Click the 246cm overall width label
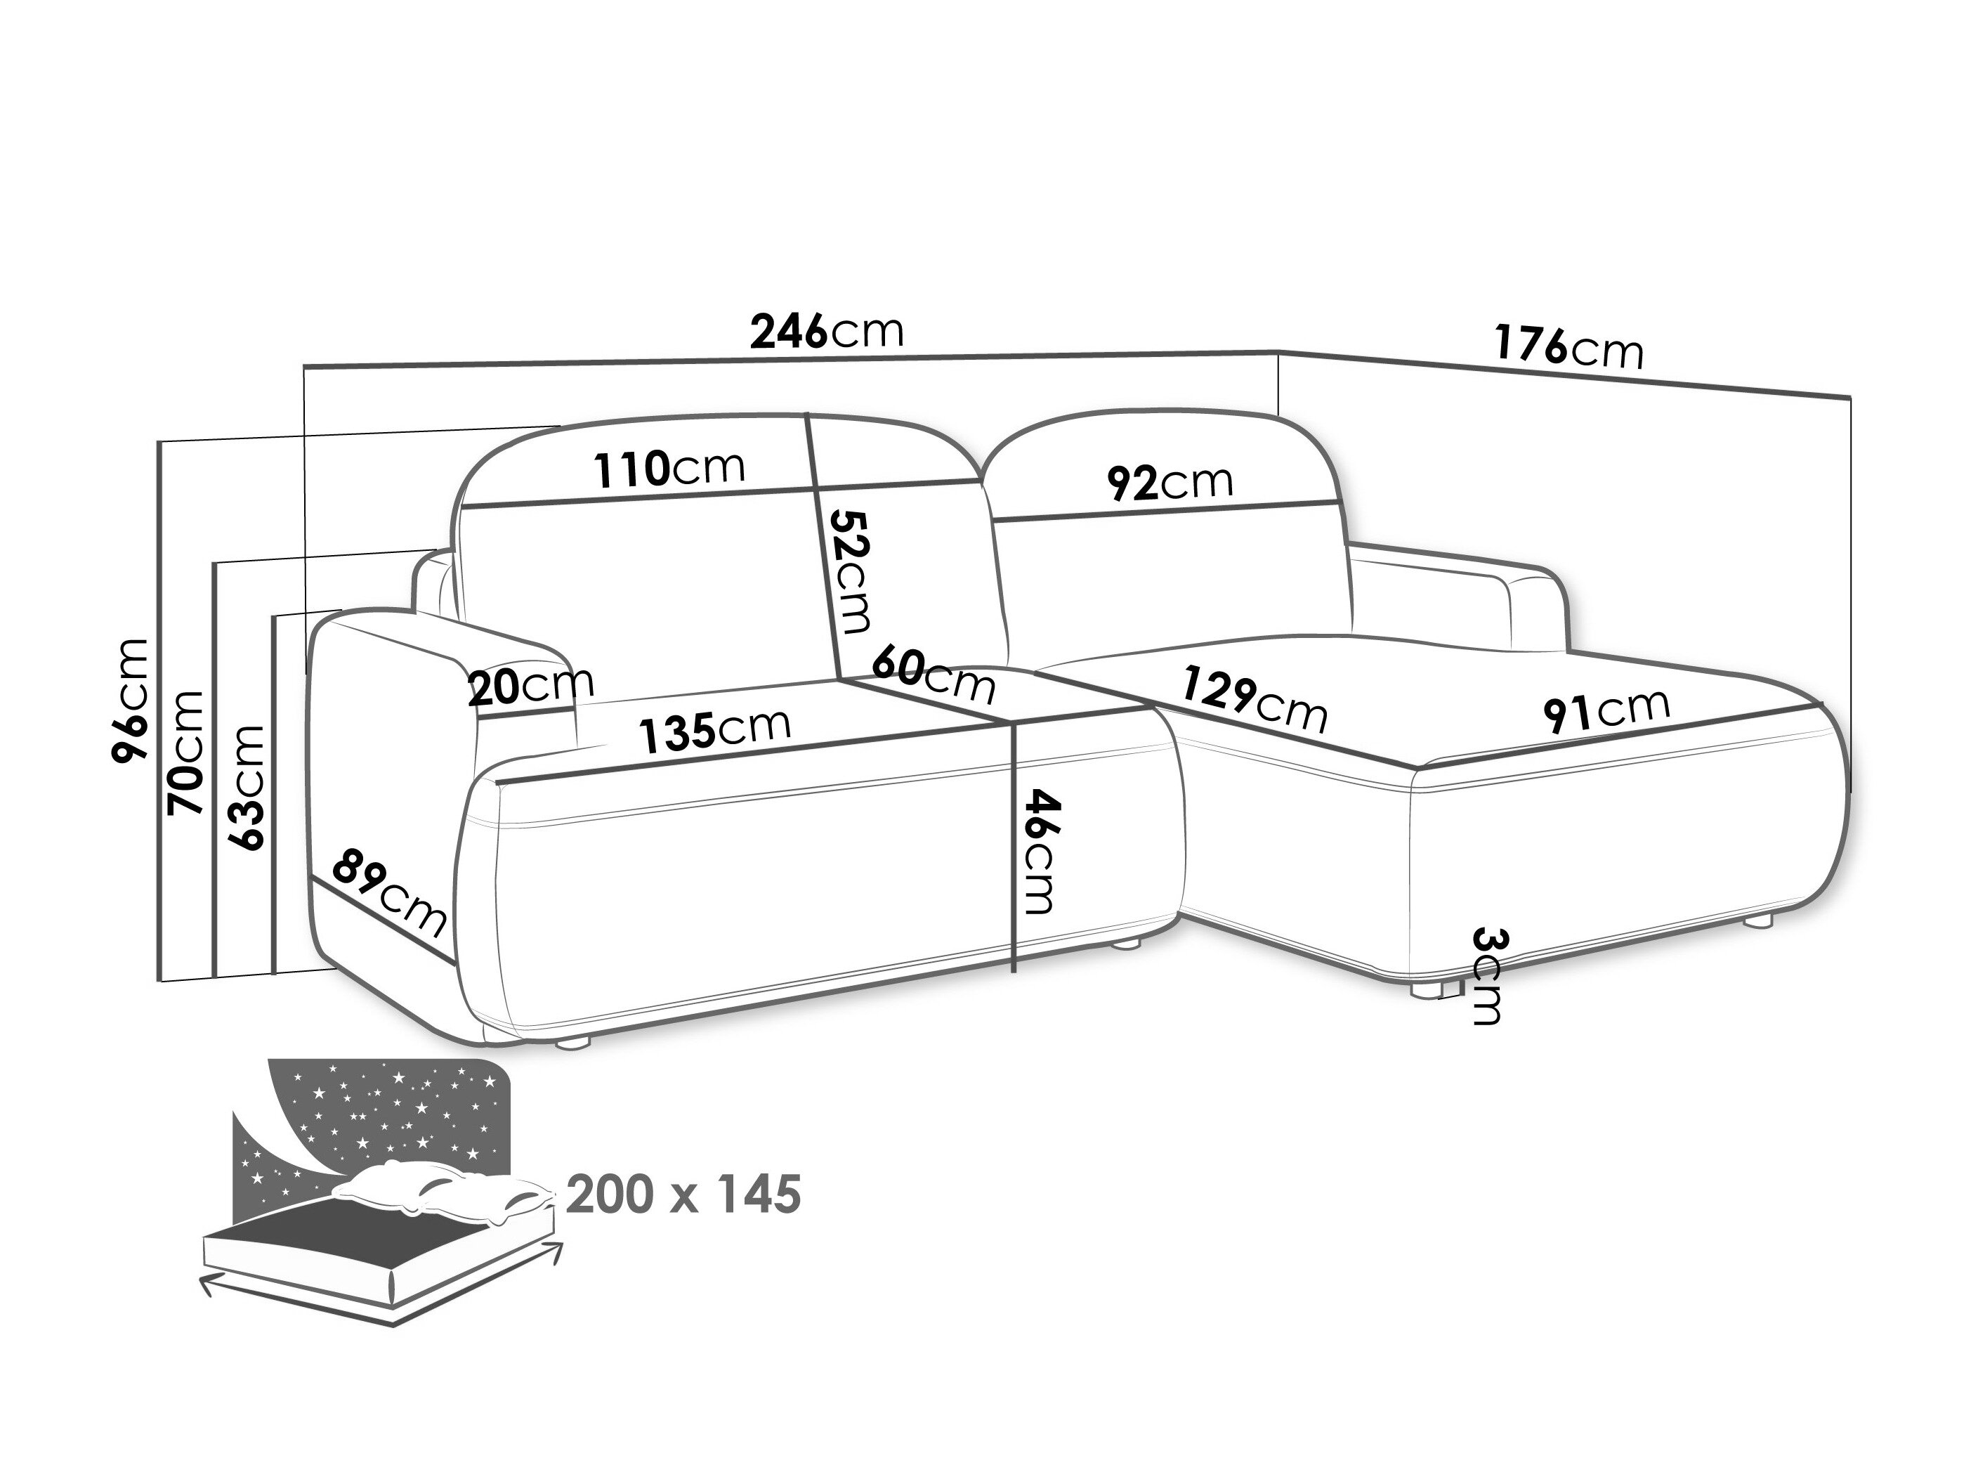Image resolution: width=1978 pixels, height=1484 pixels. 827,331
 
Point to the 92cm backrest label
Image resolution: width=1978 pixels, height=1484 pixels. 1170,482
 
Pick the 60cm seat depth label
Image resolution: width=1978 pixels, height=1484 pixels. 933,675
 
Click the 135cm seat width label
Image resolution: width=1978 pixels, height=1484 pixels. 715,729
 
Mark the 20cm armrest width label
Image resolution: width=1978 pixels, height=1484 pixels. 531,686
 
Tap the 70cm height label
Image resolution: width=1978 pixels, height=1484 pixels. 187,753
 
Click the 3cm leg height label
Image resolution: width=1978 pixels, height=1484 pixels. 1486,977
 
